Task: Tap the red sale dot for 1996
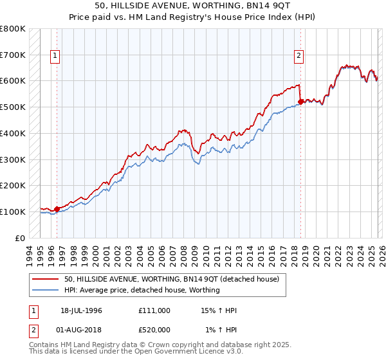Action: click(x=57, y=208)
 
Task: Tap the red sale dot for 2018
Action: click(x=300, y=101)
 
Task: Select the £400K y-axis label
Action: click(x=13, y=133)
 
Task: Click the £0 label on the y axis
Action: click(x=21, y=238)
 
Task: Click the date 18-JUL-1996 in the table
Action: click(x=81, y=310)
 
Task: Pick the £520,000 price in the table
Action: click(x=154, y=330)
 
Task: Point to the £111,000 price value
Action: click(x=154, y=310)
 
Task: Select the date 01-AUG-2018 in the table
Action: click(x=81, y=330)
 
